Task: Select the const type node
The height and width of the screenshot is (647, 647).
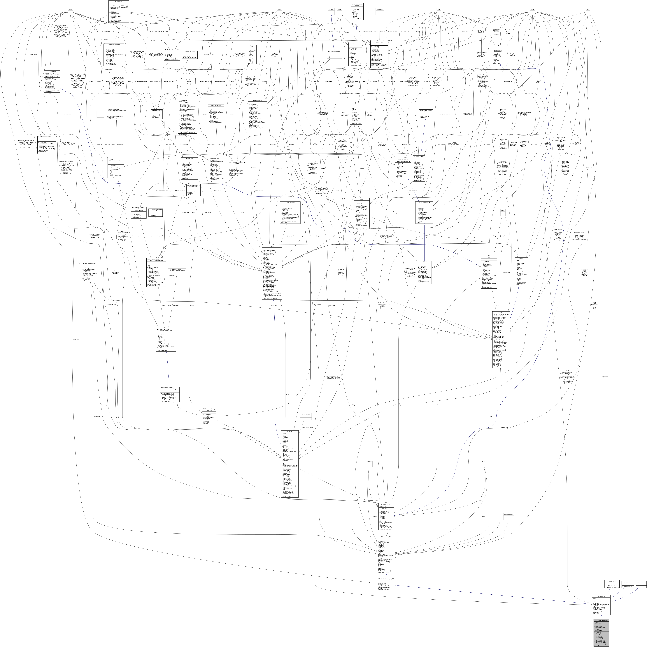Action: click(71, 9)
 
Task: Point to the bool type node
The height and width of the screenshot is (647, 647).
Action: click(438, 9)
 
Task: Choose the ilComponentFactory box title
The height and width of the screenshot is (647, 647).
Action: click(190, 52)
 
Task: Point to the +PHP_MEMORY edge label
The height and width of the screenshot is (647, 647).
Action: click(67, 114)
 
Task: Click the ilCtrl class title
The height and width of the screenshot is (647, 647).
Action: click(489, 257)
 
